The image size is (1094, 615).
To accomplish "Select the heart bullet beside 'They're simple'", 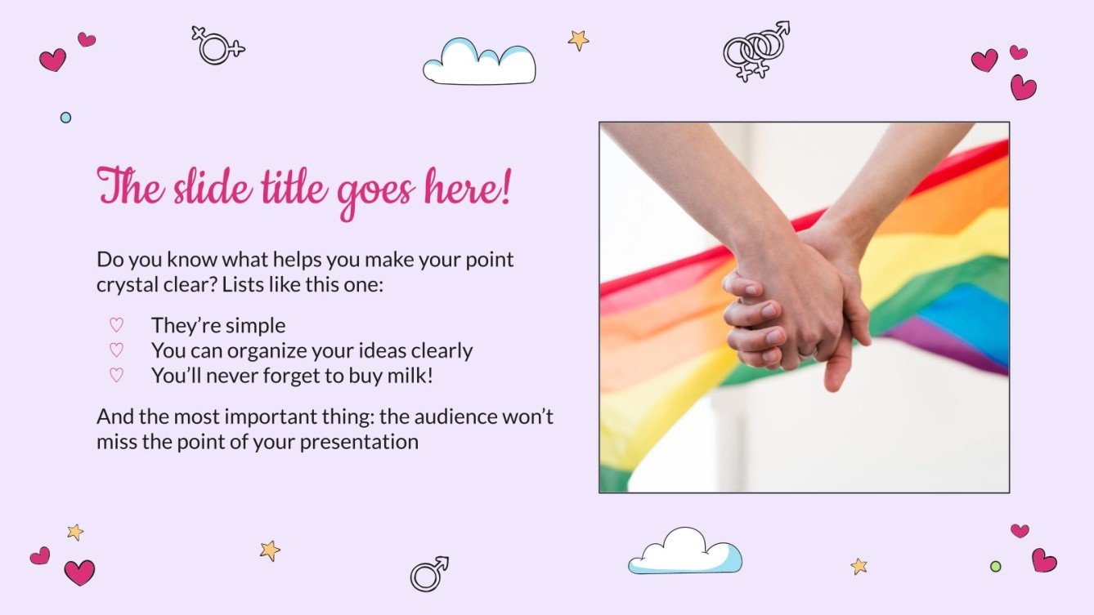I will click(116, 325).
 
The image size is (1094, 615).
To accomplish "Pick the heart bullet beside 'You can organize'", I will click(116, 350).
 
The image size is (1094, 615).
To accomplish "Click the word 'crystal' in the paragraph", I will click(129, 286).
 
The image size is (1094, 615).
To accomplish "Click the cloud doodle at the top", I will click(479, 62).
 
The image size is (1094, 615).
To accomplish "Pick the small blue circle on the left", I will click(65, 118).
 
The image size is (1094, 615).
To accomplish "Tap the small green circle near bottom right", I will click(995, 566).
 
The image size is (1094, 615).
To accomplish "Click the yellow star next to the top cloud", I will click(578, 39).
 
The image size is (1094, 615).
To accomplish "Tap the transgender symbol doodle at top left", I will click(216, 45).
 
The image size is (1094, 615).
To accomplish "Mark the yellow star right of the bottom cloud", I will click(858, 566).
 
